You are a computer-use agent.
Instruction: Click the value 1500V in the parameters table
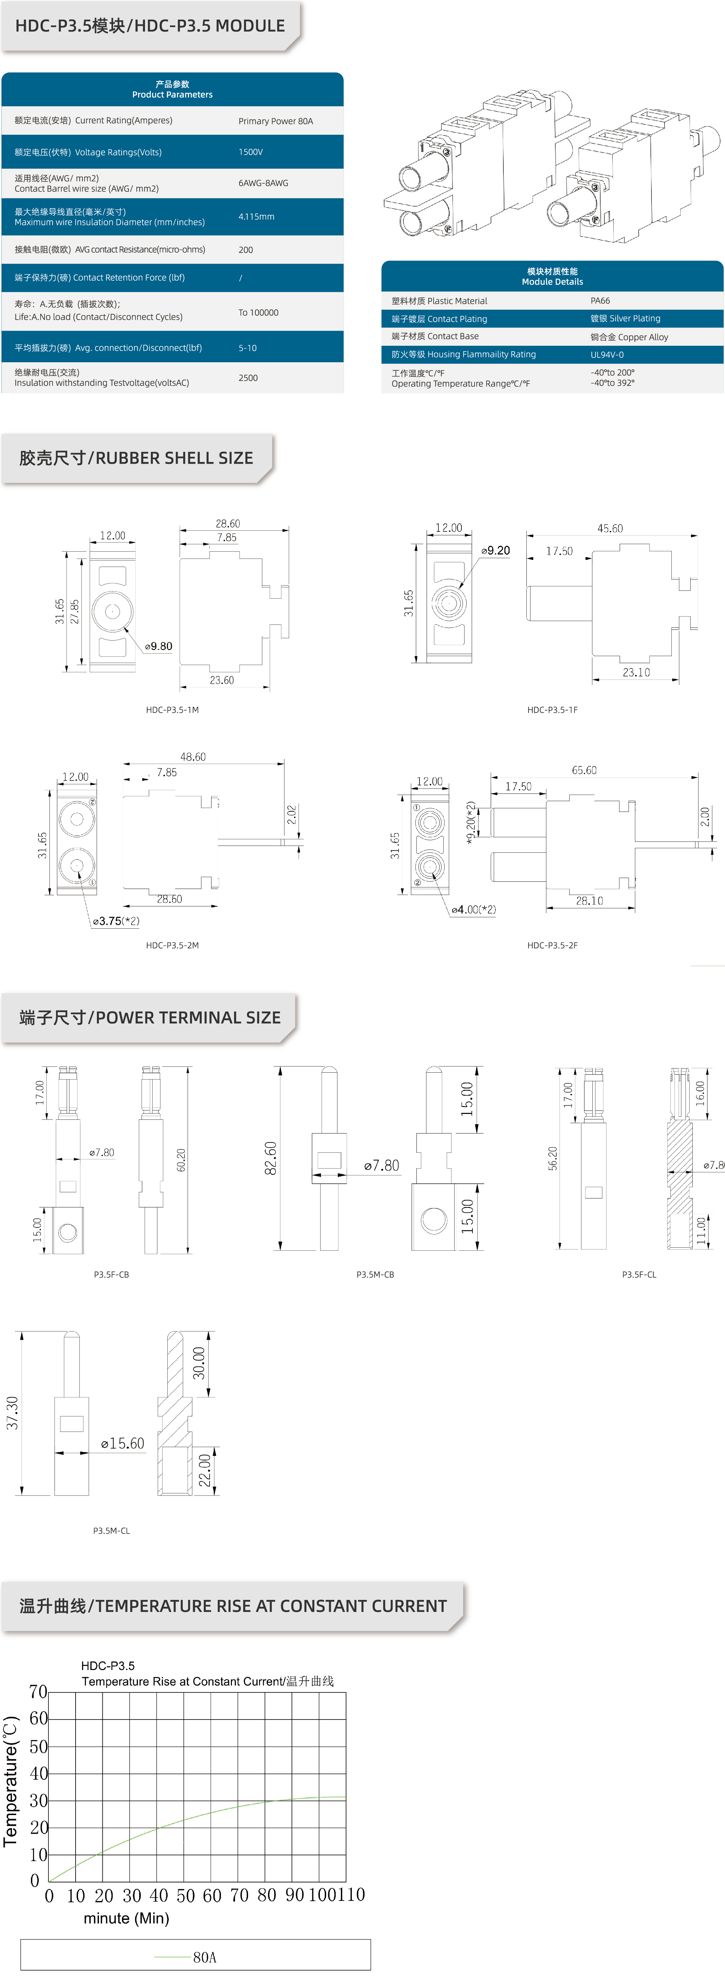(x=250, y=152)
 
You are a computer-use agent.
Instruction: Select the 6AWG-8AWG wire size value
(x=264, y=183)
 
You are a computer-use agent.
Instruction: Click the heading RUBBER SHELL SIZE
(x=174, y=458)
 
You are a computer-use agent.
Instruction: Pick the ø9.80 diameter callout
(x=159, y=646)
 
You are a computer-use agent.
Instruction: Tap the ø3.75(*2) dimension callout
(x=116, y=921)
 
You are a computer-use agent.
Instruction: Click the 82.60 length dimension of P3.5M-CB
(x=270, y=1158)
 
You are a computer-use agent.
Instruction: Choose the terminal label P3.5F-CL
(x=639, y=1274)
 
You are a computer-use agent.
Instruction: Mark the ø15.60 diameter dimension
(x=123, y=1444)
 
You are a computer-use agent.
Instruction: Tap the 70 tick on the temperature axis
(x=38, y=1692)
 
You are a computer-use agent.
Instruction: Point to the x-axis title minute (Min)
(x=126, y=1918)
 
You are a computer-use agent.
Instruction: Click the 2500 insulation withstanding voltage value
(x=248, y=378)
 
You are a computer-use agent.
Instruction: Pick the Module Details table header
(x=552, y=277)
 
